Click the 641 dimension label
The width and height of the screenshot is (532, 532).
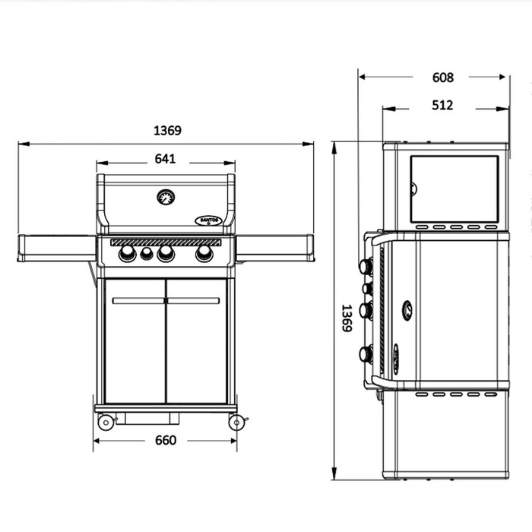pos(165,159)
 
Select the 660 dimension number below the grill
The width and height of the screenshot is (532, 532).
pos(165,440)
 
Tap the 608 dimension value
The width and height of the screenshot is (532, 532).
pos(442,78)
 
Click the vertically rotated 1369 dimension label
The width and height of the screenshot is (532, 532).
pos(346,318)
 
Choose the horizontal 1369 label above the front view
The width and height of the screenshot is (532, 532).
pos(167,130)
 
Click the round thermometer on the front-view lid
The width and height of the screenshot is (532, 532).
pos(166,198)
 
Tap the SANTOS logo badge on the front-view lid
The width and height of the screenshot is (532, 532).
pos(207,219)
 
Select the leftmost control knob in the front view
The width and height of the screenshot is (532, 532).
pos(128,254)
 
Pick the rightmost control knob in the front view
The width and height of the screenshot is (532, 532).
pos(204,254)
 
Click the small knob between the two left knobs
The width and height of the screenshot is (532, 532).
pos(147,254)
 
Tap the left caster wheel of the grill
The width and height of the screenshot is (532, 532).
pos(106,422)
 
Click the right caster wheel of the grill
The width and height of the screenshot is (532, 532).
pos(236,422)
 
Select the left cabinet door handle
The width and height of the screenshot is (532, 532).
pos(138,300)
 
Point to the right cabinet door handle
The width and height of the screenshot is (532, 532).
pos(194,300)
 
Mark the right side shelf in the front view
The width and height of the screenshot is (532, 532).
pos(274,246)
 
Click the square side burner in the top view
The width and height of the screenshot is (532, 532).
pos(454,189)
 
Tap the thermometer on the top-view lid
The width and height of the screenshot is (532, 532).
pos(407,310)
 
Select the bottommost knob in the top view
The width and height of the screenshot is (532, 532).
pos(366,353)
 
